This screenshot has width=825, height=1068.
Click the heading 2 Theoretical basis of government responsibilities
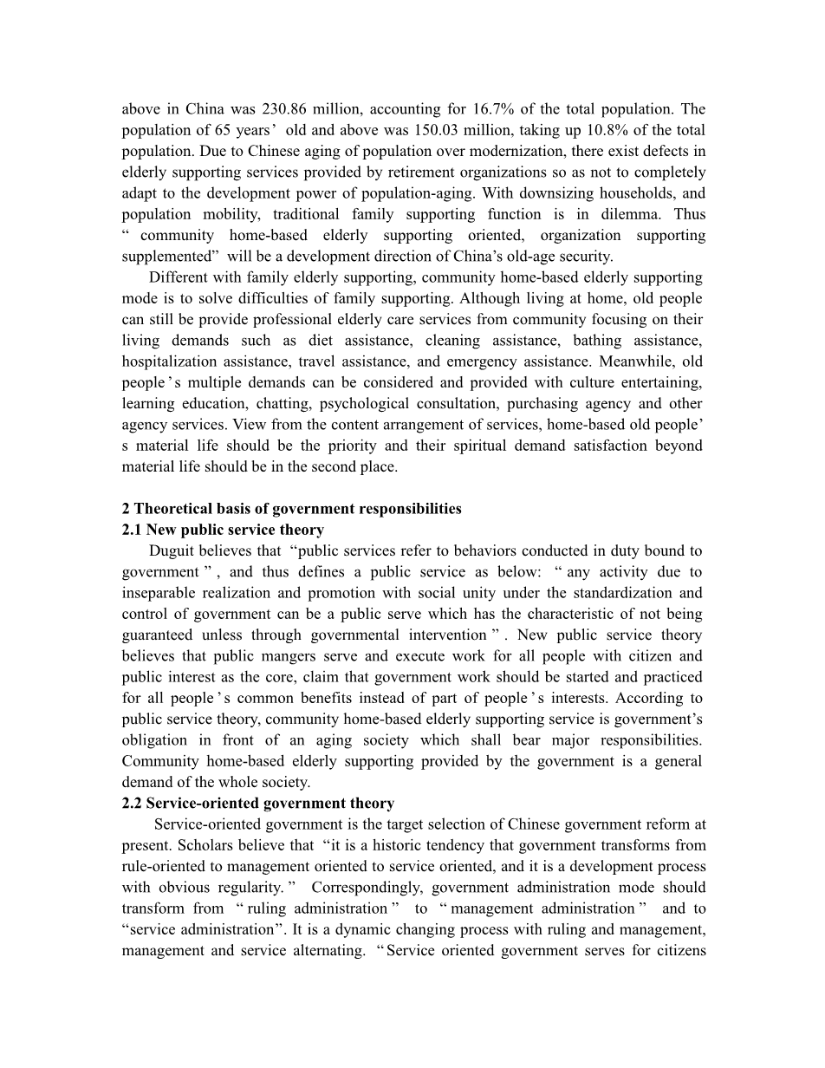292,509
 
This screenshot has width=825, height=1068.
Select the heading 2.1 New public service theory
224,530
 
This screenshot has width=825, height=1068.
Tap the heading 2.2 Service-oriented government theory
258,804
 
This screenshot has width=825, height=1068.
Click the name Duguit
173,550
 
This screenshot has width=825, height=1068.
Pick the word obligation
154,740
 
